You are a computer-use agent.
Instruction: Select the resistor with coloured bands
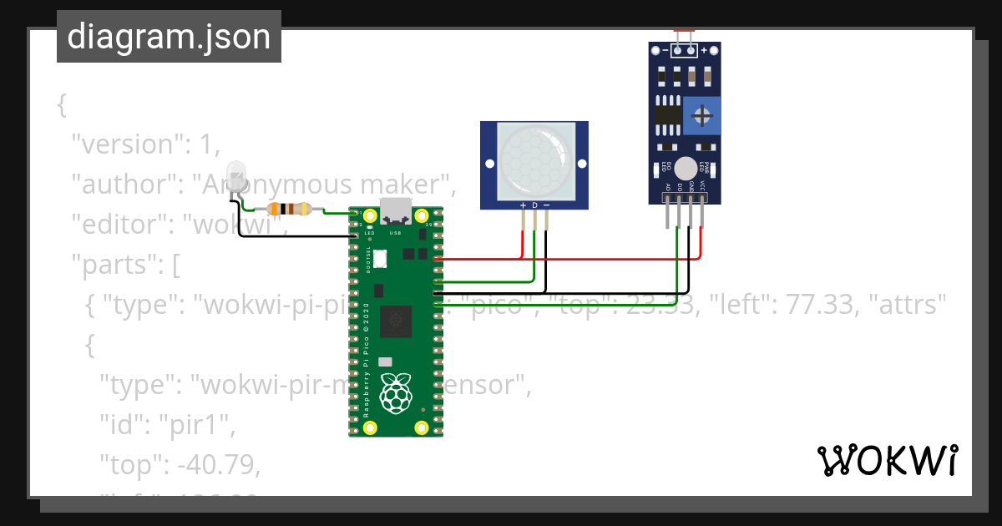pyautogui.click(x=289, y=210)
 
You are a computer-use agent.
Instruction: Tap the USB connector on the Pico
pyautogui.click(x=395, y=210)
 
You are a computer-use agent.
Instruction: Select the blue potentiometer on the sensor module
pyautogui.click(x=701, y=114)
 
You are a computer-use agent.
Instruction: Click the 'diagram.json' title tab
pyautogui.click(x=169, y=37)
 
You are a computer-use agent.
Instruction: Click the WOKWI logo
pyautogui.click(x=887, y=461)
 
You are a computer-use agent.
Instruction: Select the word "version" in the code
pyautogui.click(x=129, y=144)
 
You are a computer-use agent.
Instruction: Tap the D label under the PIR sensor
pyautogui.click(x=534, y=205)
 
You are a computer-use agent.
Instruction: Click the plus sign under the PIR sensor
pyautogui.click(x=523, y=205)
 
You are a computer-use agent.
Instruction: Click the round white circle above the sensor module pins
pyautogui.click(x=685, y=167)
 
